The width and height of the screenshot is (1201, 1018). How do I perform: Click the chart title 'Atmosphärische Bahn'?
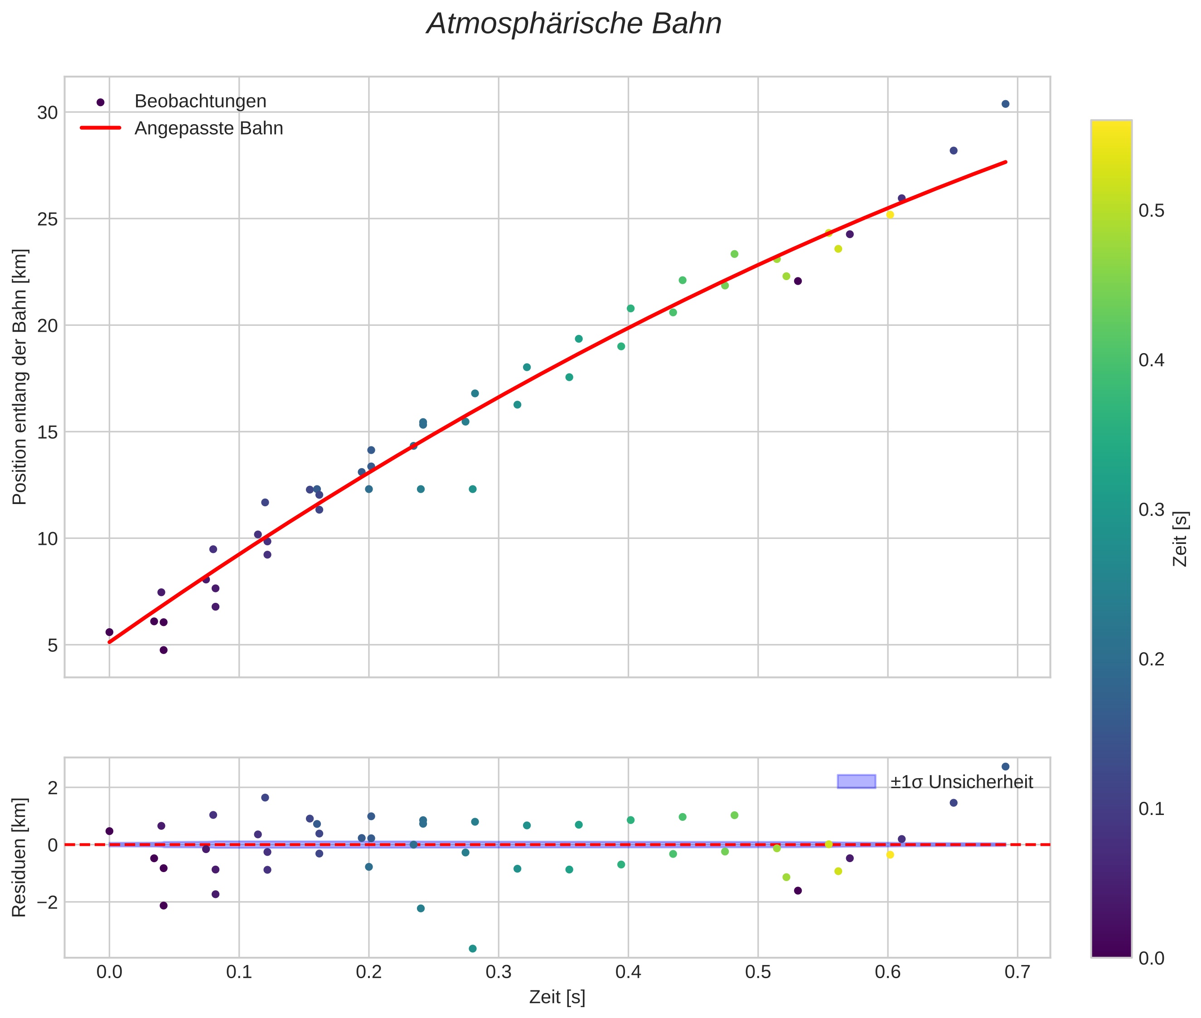[x=574, y=24]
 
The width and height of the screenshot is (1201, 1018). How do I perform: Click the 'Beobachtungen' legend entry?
[x=200, y=102]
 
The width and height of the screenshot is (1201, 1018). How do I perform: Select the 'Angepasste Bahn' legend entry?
[x=208, y=128]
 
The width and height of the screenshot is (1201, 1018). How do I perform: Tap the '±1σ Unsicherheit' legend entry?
[x=961, y=782]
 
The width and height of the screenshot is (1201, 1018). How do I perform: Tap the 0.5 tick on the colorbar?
[x=1151, y=211]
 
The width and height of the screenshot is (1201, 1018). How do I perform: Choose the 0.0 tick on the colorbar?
[x=1151, y=958]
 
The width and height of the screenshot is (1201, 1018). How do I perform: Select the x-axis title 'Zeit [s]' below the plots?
[x=557, y=997]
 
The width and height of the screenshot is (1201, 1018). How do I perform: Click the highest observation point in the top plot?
[x=1005, y=104]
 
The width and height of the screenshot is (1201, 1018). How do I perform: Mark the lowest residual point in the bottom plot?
[x=473, y=949]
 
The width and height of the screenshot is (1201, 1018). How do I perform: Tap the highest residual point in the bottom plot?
[x=1005, y=766]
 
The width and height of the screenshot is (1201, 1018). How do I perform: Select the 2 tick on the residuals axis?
[x=53, y=788]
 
